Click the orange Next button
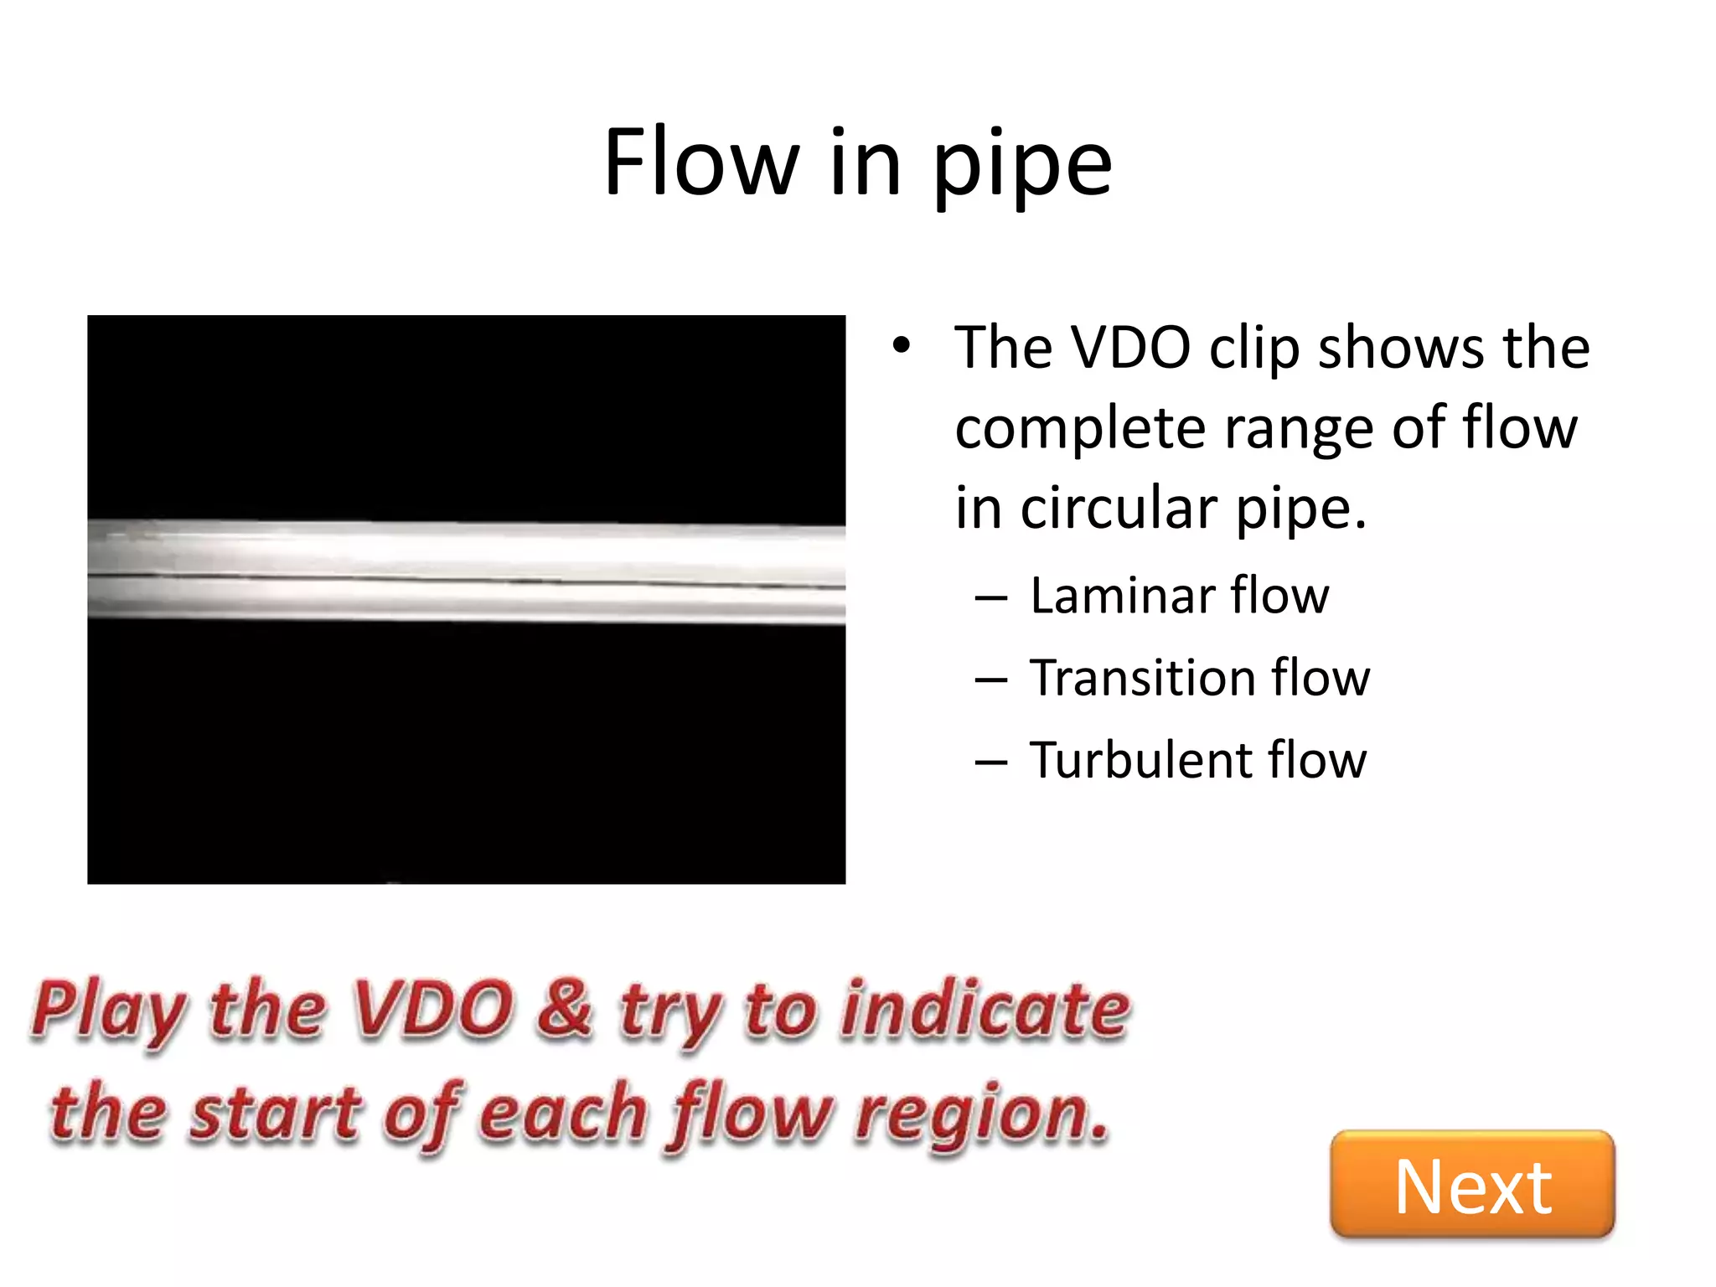[1472, 1184]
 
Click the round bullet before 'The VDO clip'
[901, 345]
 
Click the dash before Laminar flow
[991, 598]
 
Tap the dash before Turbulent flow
[991, 762]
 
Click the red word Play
[110, 1010]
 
